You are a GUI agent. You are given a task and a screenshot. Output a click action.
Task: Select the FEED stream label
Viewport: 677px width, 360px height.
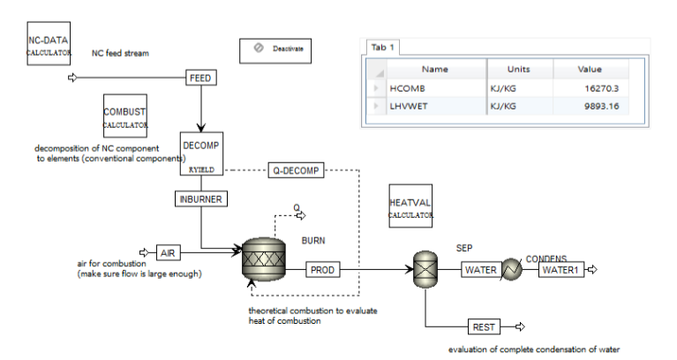202,78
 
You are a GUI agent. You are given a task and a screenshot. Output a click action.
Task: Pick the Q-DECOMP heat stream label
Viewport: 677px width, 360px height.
295,170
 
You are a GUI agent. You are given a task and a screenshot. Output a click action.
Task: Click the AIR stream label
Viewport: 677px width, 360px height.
169,253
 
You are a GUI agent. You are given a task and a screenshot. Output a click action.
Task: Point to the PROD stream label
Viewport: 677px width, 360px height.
321,269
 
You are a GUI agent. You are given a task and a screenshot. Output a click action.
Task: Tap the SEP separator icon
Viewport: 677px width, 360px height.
425,268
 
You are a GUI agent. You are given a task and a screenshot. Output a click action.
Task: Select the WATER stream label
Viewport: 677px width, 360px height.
480,269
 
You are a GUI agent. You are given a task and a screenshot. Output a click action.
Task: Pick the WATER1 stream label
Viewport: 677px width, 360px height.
561,269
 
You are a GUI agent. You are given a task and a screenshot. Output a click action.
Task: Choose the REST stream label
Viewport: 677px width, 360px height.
484,327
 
